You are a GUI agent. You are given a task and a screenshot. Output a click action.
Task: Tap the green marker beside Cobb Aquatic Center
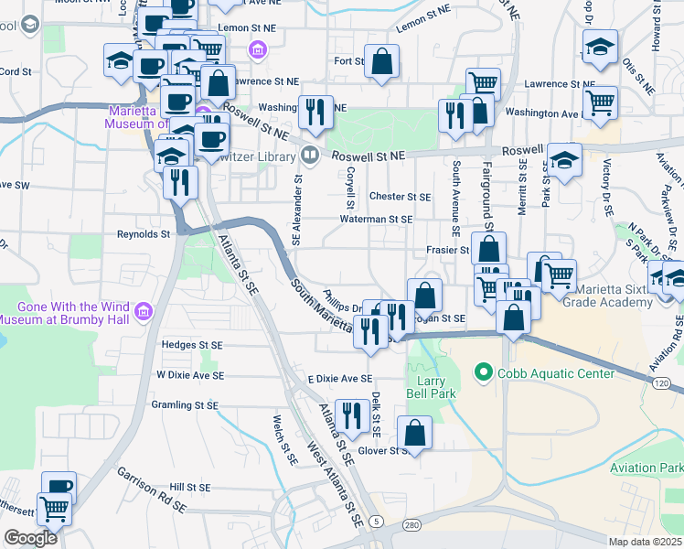point(482,372)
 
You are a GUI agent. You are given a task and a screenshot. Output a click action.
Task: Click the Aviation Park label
point(647,468)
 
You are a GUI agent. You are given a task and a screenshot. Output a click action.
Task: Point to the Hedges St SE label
point(192,345)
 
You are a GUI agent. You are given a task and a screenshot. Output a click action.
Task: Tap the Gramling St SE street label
point(187,404)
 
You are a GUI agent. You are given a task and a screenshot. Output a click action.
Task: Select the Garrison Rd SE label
point(151,490)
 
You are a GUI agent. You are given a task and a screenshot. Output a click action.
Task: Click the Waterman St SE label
point(377,220)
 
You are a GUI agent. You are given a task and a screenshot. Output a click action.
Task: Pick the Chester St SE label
point(400,197)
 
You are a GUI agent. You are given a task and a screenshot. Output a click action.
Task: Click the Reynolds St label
point(144,234)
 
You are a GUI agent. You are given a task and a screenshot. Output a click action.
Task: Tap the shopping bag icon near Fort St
point(382,63)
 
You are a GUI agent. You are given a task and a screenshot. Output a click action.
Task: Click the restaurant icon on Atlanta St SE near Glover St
point(351,415)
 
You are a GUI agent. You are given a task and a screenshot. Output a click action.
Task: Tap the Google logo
point(30,539)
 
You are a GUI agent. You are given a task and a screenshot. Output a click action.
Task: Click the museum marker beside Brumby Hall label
point(142,313)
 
